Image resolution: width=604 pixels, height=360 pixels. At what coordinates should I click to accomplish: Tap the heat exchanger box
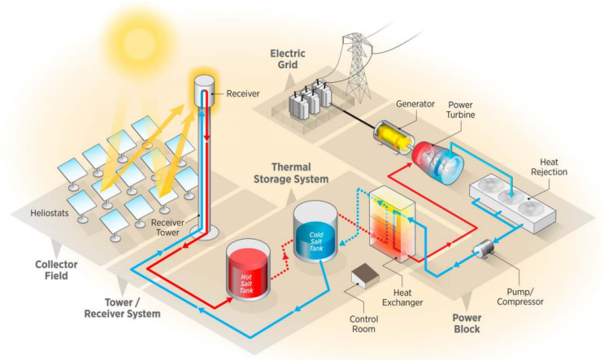pos(390,223)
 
